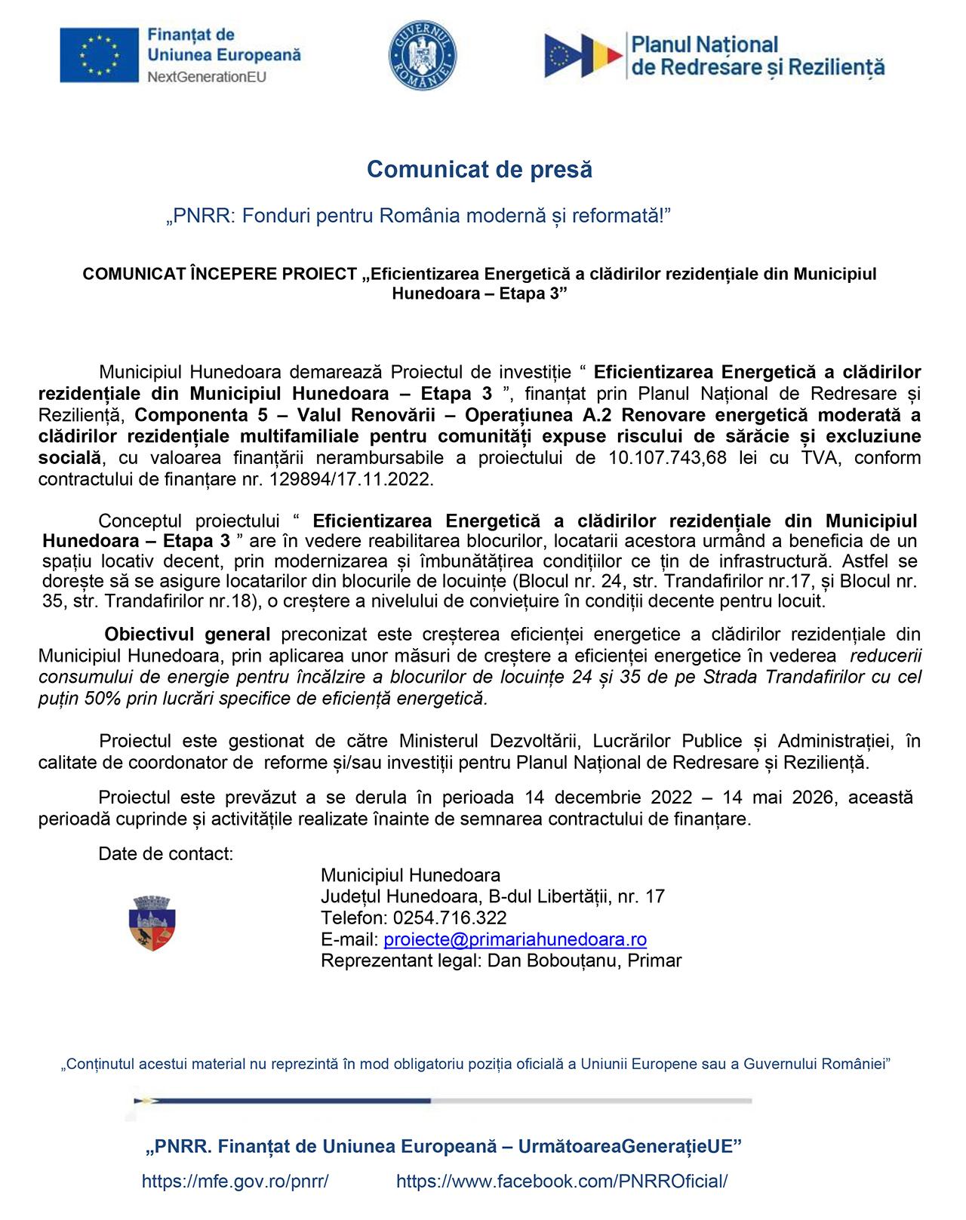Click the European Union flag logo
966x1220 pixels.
coord(100,55)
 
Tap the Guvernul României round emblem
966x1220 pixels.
coord(422,54)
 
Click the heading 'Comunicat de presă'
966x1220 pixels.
coord(479,170)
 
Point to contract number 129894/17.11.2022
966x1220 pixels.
coord(345,480)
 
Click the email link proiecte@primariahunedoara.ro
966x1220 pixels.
coord(515,939)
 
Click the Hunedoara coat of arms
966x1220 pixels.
coord(153,923)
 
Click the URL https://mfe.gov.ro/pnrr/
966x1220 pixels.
coord(235,1182)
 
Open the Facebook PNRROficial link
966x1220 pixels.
coord(561,1182)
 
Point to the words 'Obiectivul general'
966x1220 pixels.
coord(187,635)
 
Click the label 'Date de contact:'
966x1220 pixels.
coord(165,854)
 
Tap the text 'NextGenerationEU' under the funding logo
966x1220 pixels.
coord(206,76)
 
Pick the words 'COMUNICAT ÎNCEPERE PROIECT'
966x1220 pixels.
coord(219,274)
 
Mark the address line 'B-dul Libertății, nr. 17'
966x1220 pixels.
coord(577,897)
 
